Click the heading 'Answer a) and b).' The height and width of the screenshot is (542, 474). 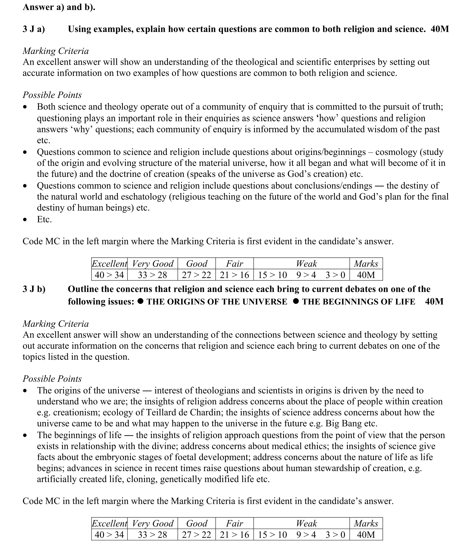click(59, 7)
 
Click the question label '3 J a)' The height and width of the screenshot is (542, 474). click(34, 29)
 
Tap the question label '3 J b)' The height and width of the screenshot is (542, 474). click(34, 289)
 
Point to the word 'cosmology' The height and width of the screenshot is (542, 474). click(394, 152)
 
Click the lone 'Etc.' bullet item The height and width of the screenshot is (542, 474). click(44, 219)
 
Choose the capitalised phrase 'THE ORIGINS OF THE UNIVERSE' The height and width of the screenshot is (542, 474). click(217, 302)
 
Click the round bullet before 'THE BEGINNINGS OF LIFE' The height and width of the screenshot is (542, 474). click(296, 301)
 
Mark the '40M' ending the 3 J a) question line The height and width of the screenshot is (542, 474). click(440, 29)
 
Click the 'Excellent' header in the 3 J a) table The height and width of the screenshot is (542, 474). click(109, 264)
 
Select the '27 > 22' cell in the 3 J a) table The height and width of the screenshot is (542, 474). click(196, 275)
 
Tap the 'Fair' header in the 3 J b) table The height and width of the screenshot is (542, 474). click(234, 523)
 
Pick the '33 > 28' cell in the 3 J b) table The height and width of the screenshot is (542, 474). click(152, 535)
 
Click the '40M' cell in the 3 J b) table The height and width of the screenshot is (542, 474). click(366, 535)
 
